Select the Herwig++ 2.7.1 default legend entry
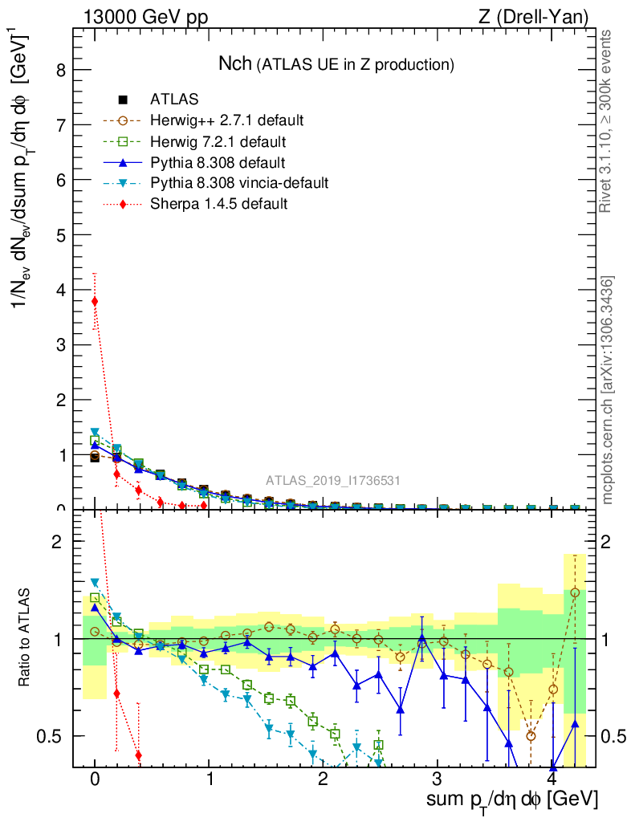pyautogui.click(x=226, y=120)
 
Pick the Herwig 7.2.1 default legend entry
pyautogui.click(x=218, y=141)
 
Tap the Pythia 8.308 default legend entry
pyautogui.click(x=218, y=162)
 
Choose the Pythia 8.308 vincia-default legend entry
pyautogui.click(x=238, y=183)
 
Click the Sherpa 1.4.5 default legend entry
pyautogui.click(x=218, y=204)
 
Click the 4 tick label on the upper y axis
pyautogui.click(x=59, y=290)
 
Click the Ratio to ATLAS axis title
pyautogui.click(x=26, y=638)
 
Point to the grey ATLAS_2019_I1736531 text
pyautogui.click(x=333, y=481)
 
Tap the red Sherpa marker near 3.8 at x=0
pyautogui.click(x=95, y=302)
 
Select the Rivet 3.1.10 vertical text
pyautogui.click(x=607, y=120)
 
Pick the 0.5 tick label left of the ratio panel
pyautogui.click(x=55, y=736)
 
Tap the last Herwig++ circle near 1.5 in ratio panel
pyautogui.click(x=575, y=592)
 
